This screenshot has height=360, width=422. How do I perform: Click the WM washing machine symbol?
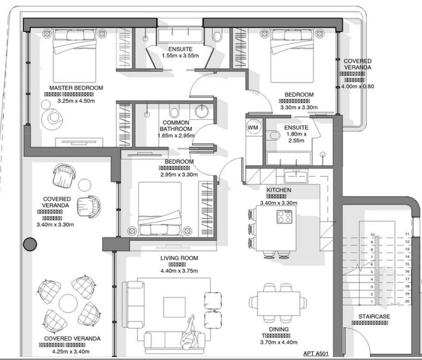(253, 128)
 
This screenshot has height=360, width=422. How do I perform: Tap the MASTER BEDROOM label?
(77, 88)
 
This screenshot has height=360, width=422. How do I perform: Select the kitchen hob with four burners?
(284, 217)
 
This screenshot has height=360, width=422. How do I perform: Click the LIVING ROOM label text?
(179, 258)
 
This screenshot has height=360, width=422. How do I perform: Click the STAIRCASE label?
(374, 316)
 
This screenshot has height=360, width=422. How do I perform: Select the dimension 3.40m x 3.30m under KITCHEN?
(279, 203)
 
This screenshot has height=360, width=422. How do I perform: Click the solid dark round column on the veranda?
(30, 244)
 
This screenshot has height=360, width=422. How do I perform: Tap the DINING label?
(279, 329)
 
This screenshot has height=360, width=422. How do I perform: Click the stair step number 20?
(407, 301)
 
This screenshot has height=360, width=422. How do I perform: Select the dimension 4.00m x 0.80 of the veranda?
(357, 87)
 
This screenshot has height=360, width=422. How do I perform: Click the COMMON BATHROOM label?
(176, 126)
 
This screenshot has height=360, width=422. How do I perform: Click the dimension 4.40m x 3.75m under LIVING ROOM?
(179, 271)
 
